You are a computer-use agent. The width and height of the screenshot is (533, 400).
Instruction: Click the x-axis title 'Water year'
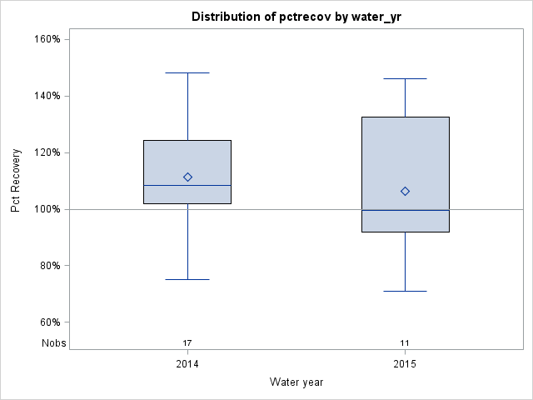(296, 382)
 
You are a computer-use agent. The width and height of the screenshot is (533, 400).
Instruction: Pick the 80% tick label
(48, 266)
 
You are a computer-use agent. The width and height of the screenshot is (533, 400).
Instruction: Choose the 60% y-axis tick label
(48, 322)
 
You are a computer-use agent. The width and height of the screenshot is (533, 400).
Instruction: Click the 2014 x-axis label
(187, 364)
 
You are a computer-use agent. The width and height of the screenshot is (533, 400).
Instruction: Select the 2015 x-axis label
(405, 364)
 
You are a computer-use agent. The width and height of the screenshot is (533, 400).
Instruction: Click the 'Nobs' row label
(53, 342)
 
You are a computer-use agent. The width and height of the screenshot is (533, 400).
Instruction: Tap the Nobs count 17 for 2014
(187, 342)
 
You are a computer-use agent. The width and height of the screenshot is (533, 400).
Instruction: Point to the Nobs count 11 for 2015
(405, 342)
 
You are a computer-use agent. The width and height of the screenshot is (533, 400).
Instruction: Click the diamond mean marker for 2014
(187, 177)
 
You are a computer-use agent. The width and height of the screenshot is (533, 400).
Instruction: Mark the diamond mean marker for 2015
(405, 191)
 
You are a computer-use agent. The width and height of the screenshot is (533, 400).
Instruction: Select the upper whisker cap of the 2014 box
(187, 72)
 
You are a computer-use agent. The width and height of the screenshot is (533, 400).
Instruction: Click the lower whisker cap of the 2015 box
(405, 291)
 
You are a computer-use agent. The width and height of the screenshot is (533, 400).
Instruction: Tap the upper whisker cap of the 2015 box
(405, 78)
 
